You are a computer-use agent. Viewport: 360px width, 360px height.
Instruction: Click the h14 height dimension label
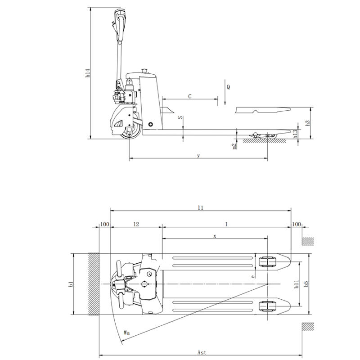tap(88, 73)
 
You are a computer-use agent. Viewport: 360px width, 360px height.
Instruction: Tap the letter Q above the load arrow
tap(228, 87)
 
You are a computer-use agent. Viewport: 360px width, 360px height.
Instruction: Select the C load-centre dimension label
tap(190, 96)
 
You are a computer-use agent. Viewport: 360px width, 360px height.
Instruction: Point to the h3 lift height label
tap(308, 123)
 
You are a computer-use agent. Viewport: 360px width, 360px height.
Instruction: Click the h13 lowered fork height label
tap(295, 134)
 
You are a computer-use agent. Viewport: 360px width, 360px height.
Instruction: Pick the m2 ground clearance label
tap(234, 146)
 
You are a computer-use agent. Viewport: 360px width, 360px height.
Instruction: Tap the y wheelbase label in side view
tap(198, 156)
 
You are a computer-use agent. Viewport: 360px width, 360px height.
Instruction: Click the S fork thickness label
tap(181, 117)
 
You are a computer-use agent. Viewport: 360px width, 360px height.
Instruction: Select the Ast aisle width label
tap(202, 352)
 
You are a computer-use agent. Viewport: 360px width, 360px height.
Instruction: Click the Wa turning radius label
tap(126, 333)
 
